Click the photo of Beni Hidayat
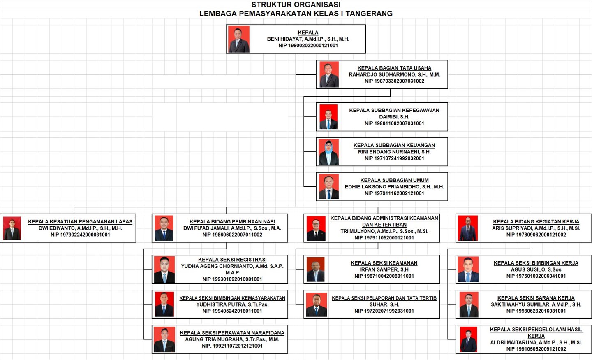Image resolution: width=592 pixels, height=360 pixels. (x=238, y=39)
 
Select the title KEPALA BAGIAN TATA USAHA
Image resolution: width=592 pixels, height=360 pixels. (x=394, y=68)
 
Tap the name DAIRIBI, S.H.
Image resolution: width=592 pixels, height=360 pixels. (x=394, y=117)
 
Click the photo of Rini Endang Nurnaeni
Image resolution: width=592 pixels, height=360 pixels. (x=328, y=152)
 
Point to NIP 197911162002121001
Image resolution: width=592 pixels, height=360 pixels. (x=394, y=193)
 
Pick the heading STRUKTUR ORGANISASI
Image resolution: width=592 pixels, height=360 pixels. (x=296, y=5)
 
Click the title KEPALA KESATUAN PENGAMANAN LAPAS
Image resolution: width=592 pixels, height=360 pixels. (x=80, y=222)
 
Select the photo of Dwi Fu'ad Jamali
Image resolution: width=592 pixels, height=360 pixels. (x=164, y=228)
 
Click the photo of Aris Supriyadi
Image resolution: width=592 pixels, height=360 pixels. (x=468, y=228)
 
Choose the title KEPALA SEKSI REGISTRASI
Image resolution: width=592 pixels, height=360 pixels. (x=232, y=260)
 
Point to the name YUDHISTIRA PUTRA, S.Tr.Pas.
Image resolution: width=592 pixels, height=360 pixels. (x=232, y=304)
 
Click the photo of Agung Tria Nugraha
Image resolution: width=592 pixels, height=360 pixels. (x=164, y=339)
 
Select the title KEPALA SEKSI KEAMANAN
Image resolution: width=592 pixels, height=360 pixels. (x=384, y=263)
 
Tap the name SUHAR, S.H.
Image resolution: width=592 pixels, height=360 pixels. (x=384, y=304)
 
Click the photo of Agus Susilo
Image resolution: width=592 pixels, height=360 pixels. (x=468, y=269)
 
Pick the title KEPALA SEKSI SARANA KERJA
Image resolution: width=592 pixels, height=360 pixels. (x=536, y=298)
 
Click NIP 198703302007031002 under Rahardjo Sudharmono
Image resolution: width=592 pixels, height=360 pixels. (x=394, y=81)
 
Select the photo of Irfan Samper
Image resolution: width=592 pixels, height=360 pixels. (x=316, y=269)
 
